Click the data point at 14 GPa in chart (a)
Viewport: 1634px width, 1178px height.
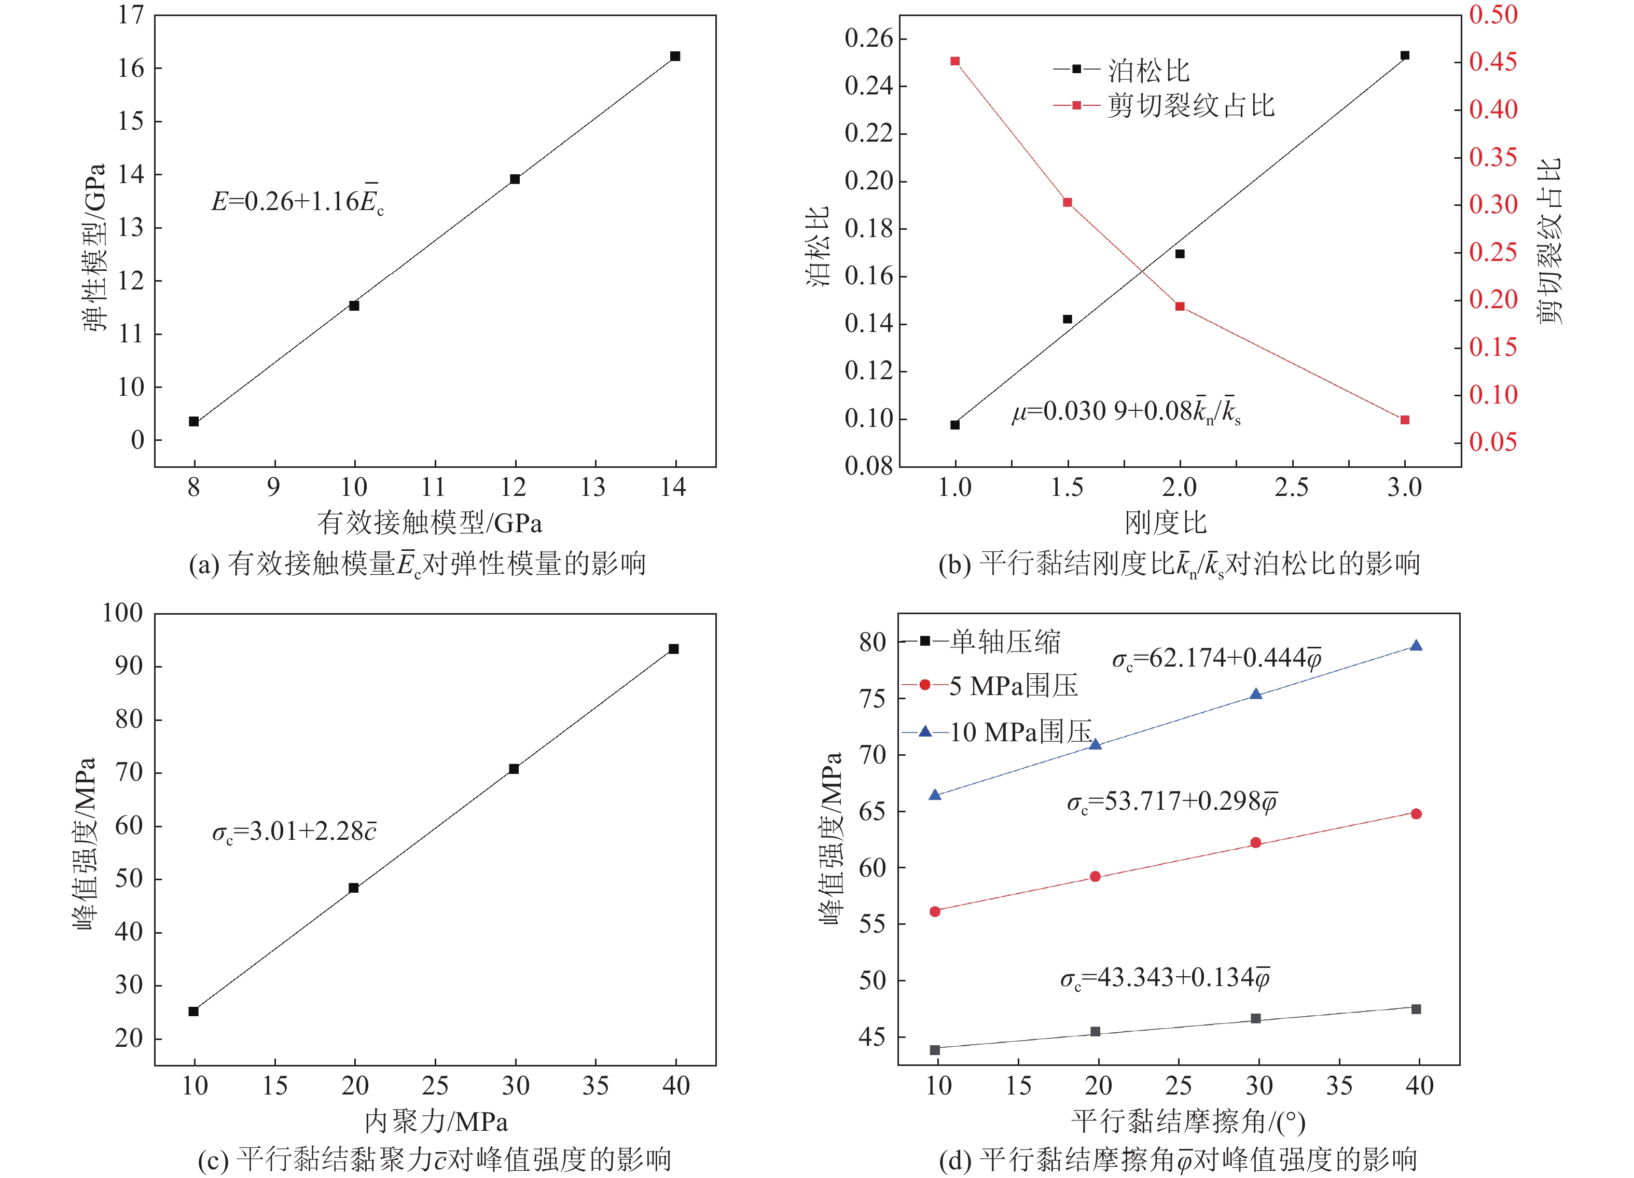click(675, 56)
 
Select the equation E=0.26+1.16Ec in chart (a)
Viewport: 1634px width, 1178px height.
click(297, 201)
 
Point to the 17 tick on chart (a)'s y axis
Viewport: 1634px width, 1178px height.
click(132, 15)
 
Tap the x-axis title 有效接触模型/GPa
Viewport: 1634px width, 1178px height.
click(430, 522)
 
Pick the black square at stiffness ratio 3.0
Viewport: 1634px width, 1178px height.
click(1404, 56)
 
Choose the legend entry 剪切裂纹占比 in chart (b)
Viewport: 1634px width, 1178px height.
click(1190, 106)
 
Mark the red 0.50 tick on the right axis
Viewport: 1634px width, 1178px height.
click(1493, 15)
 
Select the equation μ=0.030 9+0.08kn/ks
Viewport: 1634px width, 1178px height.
click(1126, 411)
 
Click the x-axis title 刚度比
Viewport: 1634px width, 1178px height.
click(1165, 522)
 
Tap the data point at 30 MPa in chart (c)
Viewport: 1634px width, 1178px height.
click(514, 769)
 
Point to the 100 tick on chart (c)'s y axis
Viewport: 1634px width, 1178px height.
click(123, 613)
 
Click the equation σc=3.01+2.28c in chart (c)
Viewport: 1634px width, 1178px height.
click(294, 831)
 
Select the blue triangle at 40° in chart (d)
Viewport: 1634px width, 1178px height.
click(1416, 646)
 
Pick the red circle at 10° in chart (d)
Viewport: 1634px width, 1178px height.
click(935, 911)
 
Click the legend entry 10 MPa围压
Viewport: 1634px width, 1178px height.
click(1020, 732)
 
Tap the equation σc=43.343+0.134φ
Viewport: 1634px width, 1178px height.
click(1164, 978)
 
